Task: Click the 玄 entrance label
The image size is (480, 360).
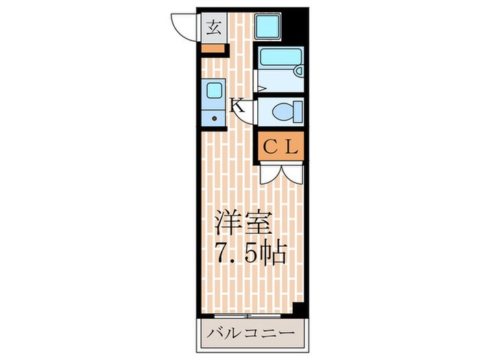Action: tap(214, 28)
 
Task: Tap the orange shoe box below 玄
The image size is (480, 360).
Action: tap(214, 49)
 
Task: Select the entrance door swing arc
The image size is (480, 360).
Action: tap(183, 29)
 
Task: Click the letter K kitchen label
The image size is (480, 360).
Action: tap(236, 106)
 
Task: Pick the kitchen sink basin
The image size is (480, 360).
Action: tap(215, 91)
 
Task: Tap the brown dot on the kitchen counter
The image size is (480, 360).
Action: tap(215, 119)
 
